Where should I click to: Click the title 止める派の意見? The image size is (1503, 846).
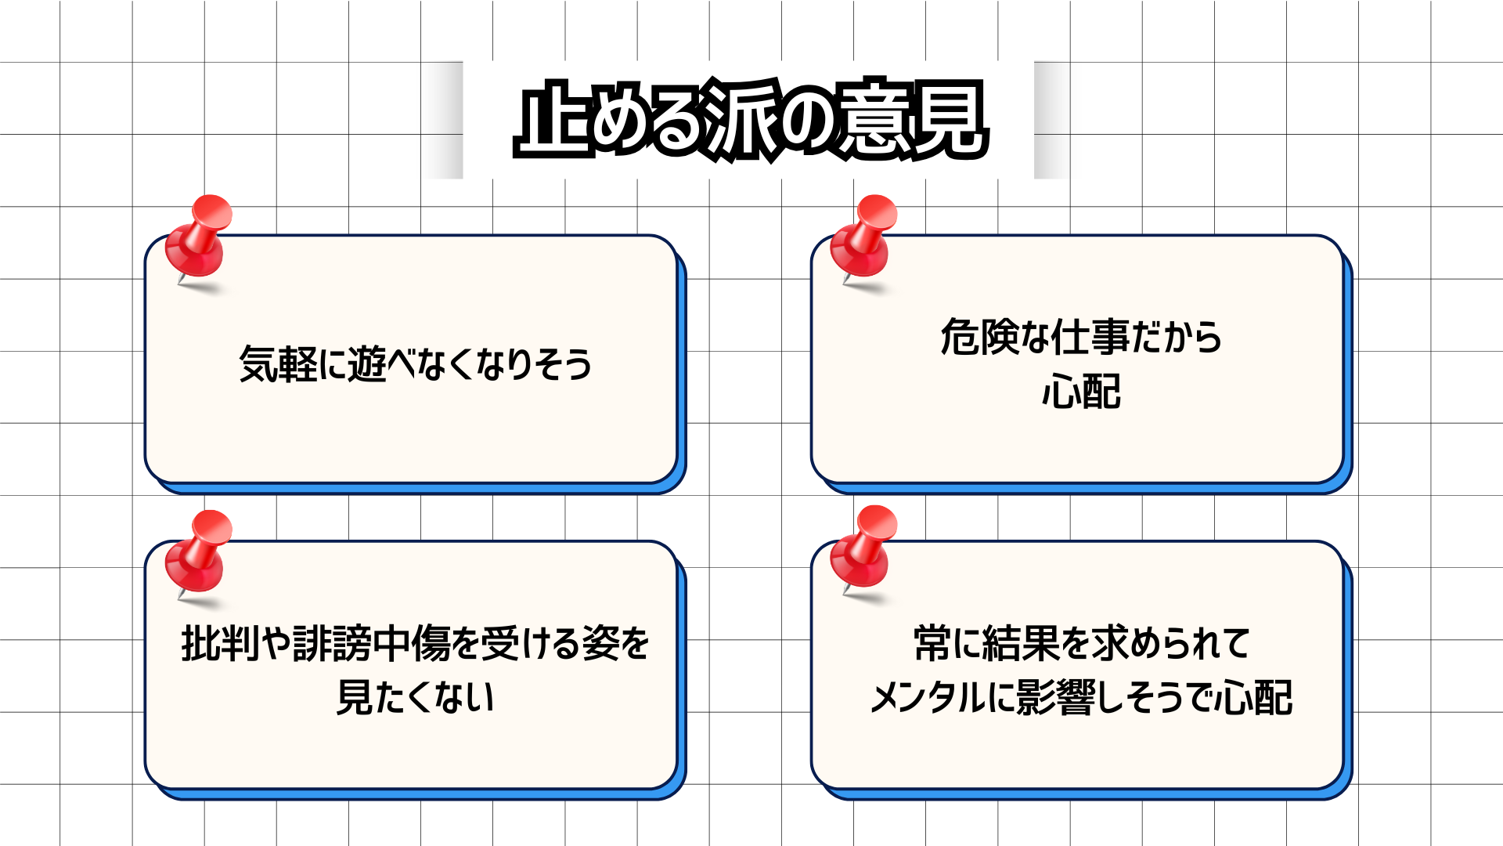[751, 120]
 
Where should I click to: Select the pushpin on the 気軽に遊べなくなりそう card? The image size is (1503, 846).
[199, 238]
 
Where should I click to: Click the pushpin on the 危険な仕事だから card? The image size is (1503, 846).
[864, 238]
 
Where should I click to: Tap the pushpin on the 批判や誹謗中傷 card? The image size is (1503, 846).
[199, 553]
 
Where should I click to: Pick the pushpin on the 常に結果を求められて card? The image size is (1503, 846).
[864, 548]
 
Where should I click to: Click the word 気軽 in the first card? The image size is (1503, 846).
[278, 364]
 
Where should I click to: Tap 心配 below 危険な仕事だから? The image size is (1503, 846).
[1081, 392]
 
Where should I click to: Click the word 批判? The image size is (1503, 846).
[219, 644]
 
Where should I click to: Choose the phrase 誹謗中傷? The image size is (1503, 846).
[368, 644]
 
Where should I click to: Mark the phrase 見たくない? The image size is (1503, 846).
[415, 697]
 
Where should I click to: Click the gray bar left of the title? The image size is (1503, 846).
[445, 120]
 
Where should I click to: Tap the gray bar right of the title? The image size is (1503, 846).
[1051, 120]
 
